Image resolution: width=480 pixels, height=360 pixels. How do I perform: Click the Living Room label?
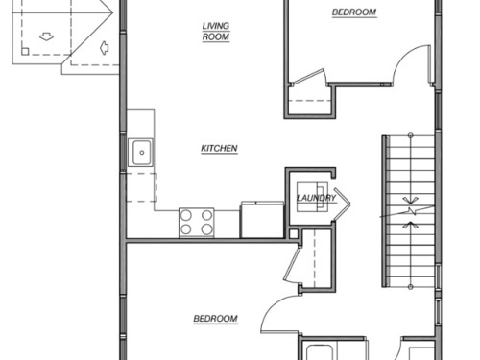[216, 32]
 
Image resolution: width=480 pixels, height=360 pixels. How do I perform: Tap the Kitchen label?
[219, 149]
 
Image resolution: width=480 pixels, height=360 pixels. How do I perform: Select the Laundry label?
[316, 198]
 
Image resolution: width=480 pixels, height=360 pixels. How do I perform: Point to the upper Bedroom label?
[354, 12]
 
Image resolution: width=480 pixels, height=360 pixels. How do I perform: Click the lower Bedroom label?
[216, 319]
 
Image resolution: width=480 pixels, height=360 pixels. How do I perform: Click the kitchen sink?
[140, 153]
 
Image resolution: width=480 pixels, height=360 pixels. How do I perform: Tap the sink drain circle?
[142, 153]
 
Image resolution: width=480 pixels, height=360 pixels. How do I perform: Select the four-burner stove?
[197, 223]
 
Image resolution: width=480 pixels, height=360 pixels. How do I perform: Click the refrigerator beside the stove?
[262, 220]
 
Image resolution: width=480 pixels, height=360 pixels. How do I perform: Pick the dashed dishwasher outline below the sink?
[141, 187]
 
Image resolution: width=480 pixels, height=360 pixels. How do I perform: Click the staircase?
[410, 211]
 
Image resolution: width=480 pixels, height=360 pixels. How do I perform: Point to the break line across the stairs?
[407, 211]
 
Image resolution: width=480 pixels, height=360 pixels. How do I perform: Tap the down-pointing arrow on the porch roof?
[46, 36]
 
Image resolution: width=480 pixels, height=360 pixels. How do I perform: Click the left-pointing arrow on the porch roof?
[105, 48]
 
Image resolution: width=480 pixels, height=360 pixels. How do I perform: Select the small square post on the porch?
[25, 51]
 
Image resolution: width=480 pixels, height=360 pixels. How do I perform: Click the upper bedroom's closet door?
[309, 77]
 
